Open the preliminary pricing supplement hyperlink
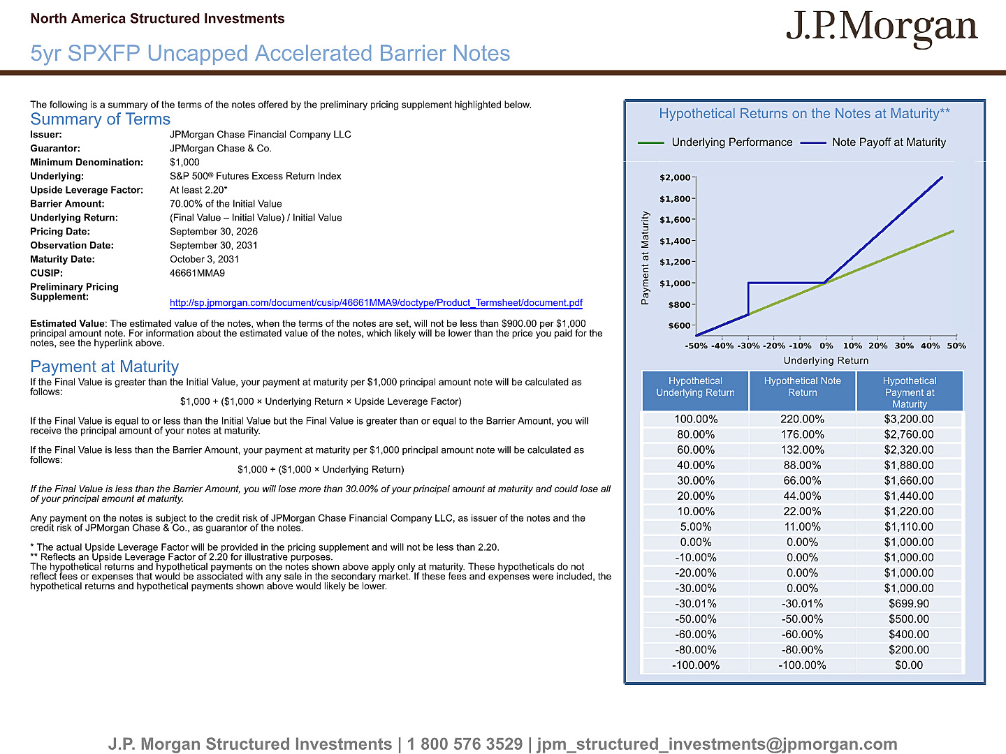pos(376,302)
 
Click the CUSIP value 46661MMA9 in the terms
pos(197,273)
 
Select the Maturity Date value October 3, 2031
pos(205,259)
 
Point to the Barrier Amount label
pos(67,204)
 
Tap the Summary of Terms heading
pos(101,119)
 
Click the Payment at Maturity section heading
pos(105,367)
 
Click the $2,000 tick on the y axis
pos(675,177)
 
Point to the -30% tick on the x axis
pos(748,346)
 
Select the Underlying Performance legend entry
pos(715,142)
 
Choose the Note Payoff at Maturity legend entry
pos(873,142)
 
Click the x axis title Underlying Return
pos(826,360)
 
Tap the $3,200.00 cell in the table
pos(909,420)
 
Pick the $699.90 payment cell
pos(909,604)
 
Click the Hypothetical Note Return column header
pos(803,387)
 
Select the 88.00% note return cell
pos(802,466)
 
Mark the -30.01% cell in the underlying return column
pos(696,604)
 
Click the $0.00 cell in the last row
pos(909,665)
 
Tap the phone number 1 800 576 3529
pos(465,744)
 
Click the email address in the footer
pos(717,744)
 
